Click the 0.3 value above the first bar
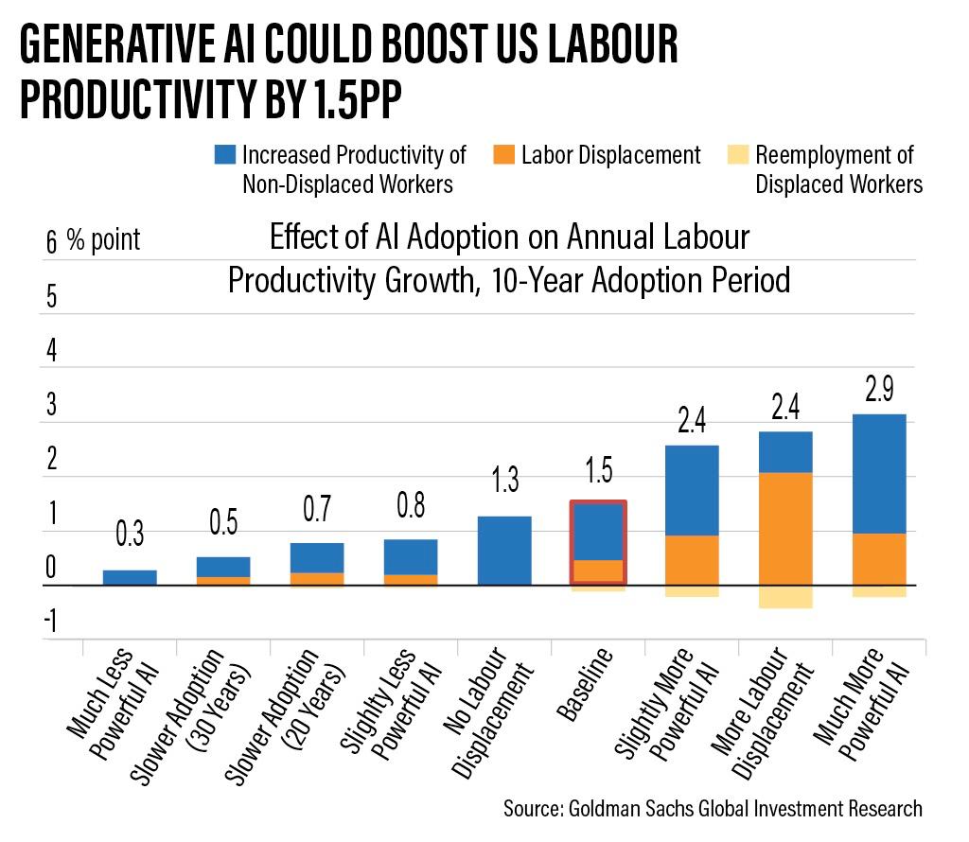[129, 535]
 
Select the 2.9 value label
[880, 389]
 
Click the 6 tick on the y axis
[51, 242]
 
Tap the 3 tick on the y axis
[51, 406]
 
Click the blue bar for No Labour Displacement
[503, 550]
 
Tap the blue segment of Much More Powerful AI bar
[879, 473]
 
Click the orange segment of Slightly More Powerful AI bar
[691, 560]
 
